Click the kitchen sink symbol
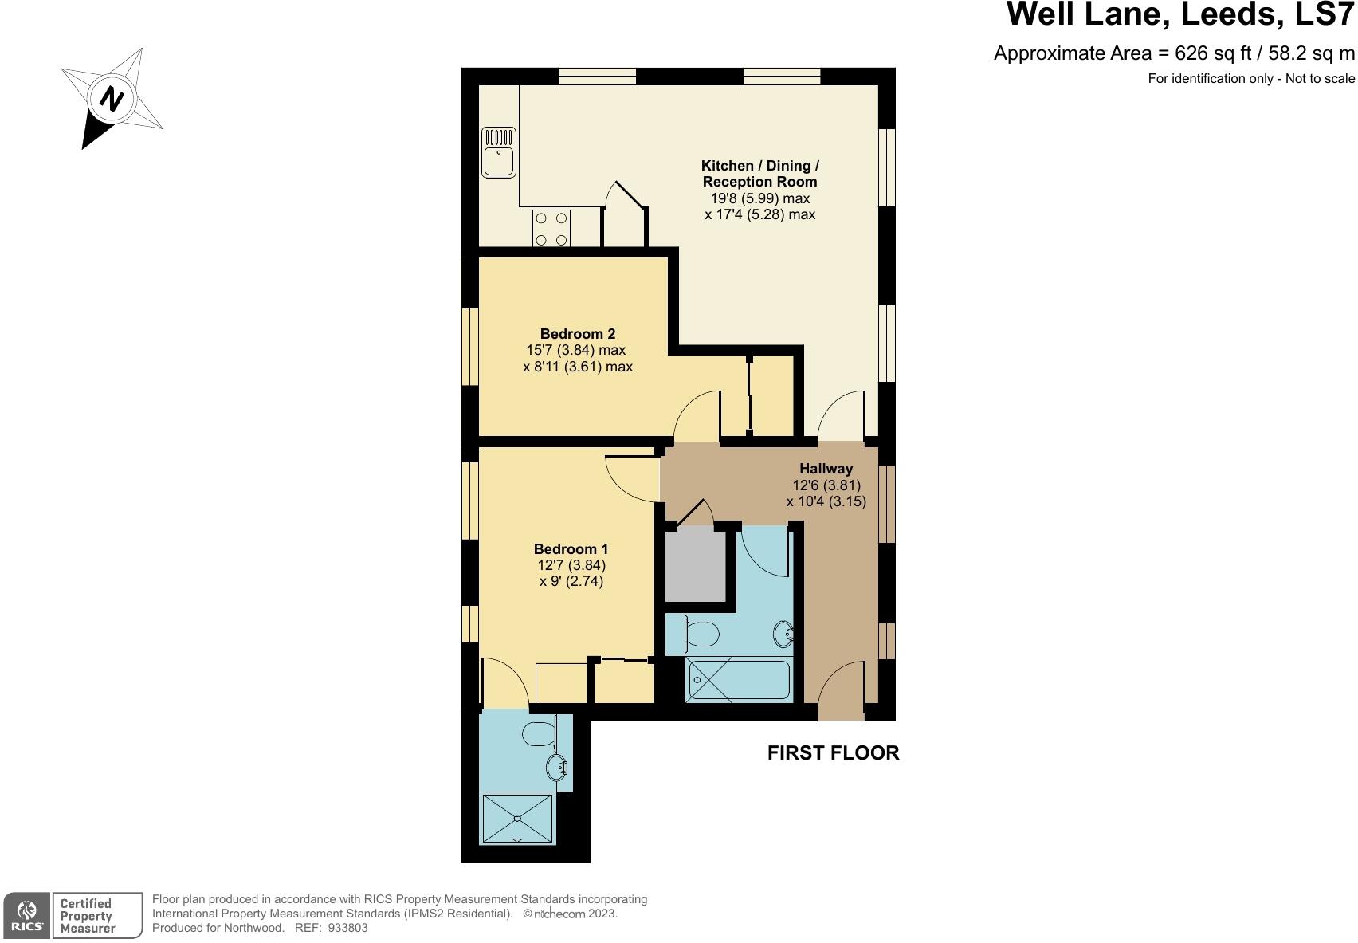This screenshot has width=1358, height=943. click(x=499, y=153)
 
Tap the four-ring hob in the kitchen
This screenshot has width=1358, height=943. click(x=551, y=228)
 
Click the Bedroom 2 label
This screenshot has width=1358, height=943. click(x=578, y=334)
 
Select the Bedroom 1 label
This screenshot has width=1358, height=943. click(x=571, y=548)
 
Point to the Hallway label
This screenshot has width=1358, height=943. click(x=826, y=469)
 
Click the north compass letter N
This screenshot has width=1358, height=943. click(x=112, y=100)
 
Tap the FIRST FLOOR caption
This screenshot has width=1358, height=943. click(x=833, y=752)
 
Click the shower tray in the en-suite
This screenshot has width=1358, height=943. click(x=517, y=819)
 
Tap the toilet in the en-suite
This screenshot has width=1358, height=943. click(x=540, y=733)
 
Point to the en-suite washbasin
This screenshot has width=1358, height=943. click(x=558, y=768)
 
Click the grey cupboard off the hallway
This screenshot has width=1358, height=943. click(x=695, y=566)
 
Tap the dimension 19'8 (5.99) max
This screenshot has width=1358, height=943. click(x=759, y=198)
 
